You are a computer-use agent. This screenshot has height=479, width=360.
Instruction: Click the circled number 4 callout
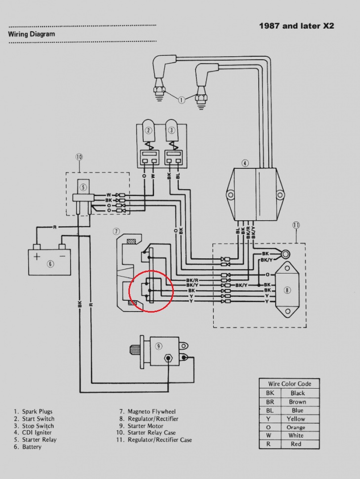point(245,163)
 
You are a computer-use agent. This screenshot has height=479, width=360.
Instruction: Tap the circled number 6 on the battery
point(50,264)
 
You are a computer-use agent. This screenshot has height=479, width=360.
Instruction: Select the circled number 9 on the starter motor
point(159,346)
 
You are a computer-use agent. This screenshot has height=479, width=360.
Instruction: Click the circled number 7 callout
point(116,231)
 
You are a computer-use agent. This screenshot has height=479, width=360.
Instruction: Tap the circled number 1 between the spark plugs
point(181,100)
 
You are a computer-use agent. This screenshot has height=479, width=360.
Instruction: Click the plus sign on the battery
point(37,256)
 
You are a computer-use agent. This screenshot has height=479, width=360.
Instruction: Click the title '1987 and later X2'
point(296,26)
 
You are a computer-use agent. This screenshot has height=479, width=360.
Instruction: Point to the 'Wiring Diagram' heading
point(32,35)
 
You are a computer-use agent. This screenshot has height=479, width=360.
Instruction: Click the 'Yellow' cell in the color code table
point(296,419)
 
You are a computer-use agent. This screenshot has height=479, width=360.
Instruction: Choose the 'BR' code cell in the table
point(270,402)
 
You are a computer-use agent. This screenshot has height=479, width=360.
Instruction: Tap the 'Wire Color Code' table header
point(290,384)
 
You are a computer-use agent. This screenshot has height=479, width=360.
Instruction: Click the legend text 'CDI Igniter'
point(38,433)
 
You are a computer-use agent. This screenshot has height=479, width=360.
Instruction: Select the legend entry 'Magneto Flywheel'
point(151,411)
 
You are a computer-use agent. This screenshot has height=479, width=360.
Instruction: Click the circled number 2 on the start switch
point(148,130)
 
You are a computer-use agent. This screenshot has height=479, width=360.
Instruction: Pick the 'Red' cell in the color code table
point(296,444)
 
